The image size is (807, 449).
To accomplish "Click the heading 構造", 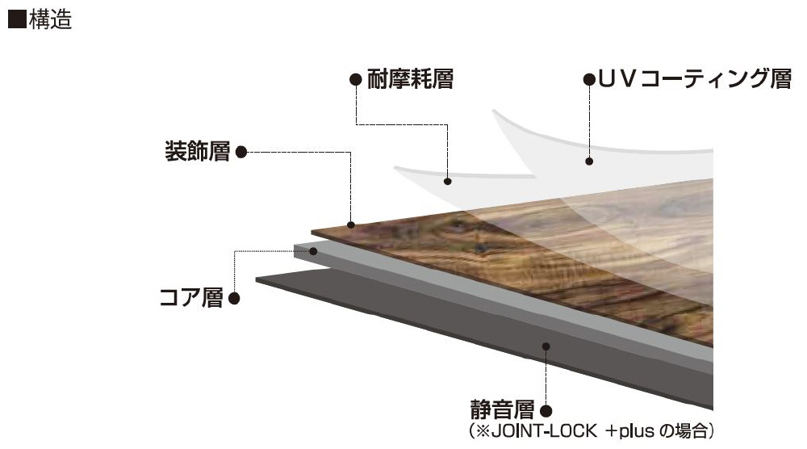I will (x=50, y=21).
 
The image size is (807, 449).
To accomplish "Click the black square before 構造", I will (x=15, y=21).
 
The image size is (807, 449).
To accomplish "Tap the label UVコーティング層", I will (x=693, y=79).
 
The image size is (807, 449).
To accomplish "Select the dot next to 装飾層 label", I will (x=240, y=151).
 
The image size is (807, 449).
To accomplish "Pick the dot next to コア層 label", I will (x=234, y=299).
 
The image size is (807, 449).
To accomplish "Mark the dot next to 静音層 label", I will (x=546, y=411).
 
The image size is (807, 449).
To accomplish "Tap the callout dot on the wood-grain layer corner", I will (x=350, y=224).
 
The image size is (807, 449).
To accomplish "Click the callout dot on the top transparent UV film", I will (x=589, y=162).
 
